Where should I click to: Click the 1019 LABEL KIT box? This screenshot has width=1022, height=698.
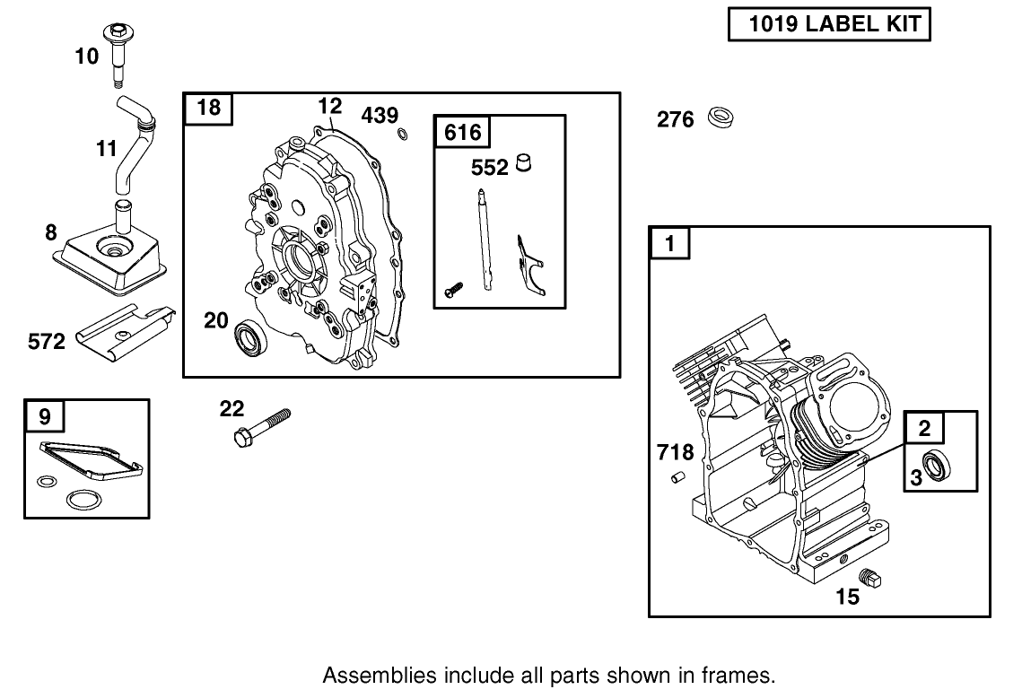pos(828,24)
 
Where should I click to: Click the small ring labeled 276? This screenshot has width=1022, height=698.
pos(719,118)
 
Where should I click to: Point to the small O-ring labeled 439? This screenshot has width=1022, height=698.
pos(402,135)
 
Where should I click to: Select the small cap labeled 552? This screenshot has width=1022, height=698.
pos(525,164)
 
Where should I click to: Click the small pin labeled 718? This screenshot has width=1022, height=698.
pos(679,478)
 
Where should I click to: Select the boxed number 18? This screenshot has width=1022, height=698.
pos(208,109)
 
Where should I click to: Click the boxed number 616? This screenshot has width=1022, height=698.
pos(462,133)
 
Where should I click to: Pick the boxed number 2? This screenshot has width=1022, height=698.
pos(925,429)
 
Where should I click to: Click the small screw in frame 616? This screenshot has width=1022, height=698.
pos(454,290)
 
